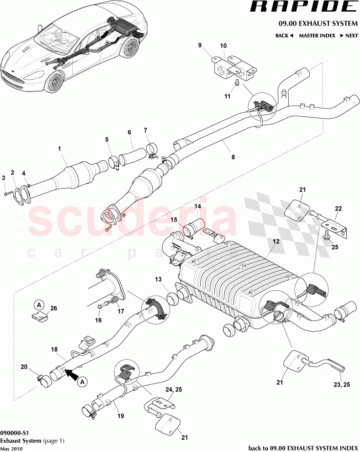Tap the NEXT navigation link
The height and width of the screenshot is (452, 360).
(349, 36)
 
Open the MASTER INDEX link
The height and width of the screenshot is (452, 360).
(317, 36)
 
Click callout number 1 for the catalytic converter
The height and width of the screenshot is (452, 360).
(59, 148)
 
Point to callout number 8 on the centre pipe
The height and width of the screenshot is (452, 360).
(233, 157)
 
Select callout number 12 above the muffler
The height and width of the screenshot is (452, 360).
(276, 241)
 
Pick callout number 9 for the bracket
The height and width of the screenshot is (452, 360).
(200, 45)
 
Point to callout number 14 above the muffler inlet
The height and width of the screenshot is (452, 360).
(198, 206)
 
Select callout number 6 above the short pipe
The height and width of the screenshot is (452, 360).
(129, 132)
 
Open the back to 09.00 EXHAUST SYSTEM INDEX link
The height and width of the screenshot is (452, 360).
(303, 447)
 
